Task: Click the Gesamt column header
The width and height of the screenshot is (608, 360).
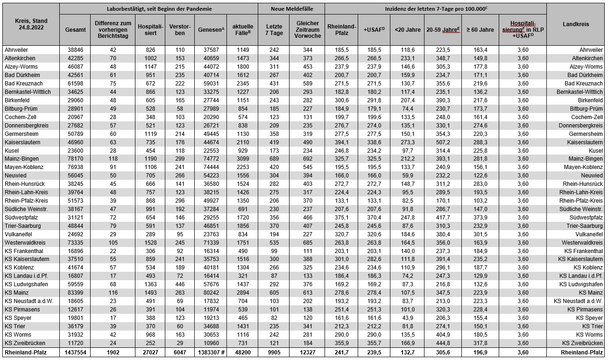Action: (75, 29)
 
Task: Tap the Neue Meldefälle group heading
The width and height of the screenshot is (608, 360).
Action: (292, 9)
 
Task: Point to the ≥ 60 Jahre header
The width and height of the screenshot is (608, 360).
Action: (480, 29)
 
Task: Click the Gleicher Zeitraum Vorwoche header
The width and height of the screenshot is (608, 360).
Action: (307, 29)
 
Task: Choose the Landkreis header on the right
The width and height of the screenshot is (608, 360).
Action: (575, 24)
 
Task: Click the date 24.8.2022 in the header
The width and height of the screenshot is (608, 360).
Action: (30, 28)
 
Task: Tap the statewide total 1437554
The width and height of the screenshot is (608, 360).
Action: (75, 353)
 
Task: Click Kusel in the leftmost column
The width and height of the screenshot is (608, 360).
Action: (12, 151)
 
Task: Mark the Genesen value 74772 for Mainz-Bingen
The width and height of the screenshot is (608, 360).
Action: (211, 159)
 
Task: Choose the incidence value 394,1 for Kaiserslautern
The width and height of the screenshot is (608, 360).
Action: (341, 142)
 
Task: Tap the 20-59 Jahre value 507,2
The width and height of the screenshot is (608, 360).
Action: (443, 142)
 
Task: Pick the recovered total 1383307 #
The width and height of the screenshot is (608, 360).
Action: (211, 353)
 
